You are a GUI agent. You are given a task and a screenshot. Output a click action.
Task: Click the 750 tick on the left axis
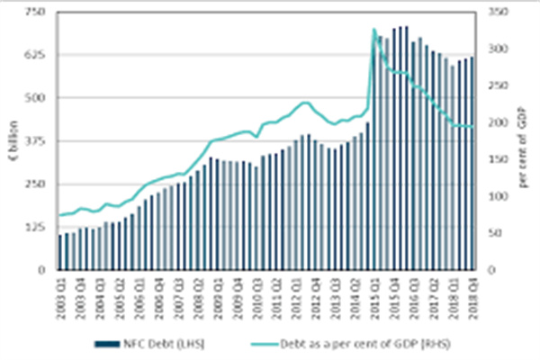[x=39, y=12]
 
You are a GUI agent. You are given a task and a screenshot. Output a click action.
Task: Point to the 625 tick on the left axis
[x=39, y=55]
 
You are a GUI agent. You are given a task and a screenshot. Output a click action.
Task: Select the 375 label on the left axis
[x=39, y=141]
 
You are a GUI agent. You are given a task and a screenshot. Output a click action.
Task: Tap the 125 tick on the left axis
[x=39, y=227]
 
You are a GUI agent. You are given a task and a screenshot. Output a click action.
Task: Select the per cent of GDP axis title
[x=523, y=140]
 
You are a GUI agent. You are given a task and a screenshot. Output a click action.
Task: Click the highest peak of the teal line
[x=373, y=30]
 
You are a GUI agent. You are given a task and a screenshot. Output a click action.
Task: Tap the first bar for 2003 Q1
[x=60, y=252]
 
